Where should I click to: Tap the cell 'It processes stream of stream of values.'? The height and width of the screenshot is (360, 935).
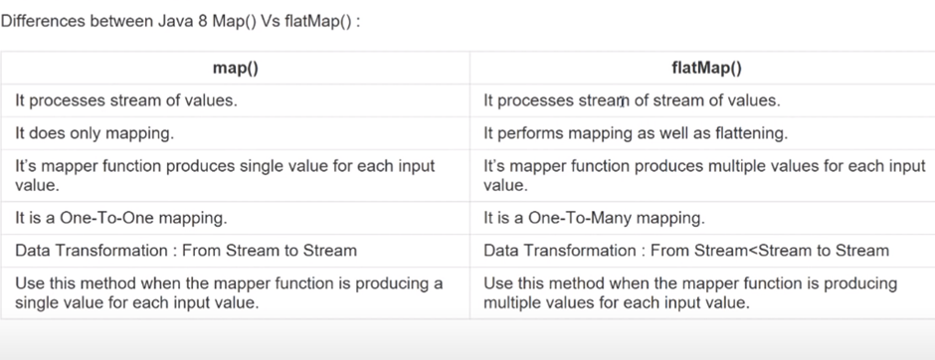click(x=632, y=100)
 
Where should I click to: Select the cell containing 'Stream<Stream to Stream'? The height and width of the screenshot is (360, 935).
click(x=686, y=251)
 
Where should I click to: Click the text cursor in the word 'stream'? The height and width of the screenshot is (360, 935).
click(x=623, y=101)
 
